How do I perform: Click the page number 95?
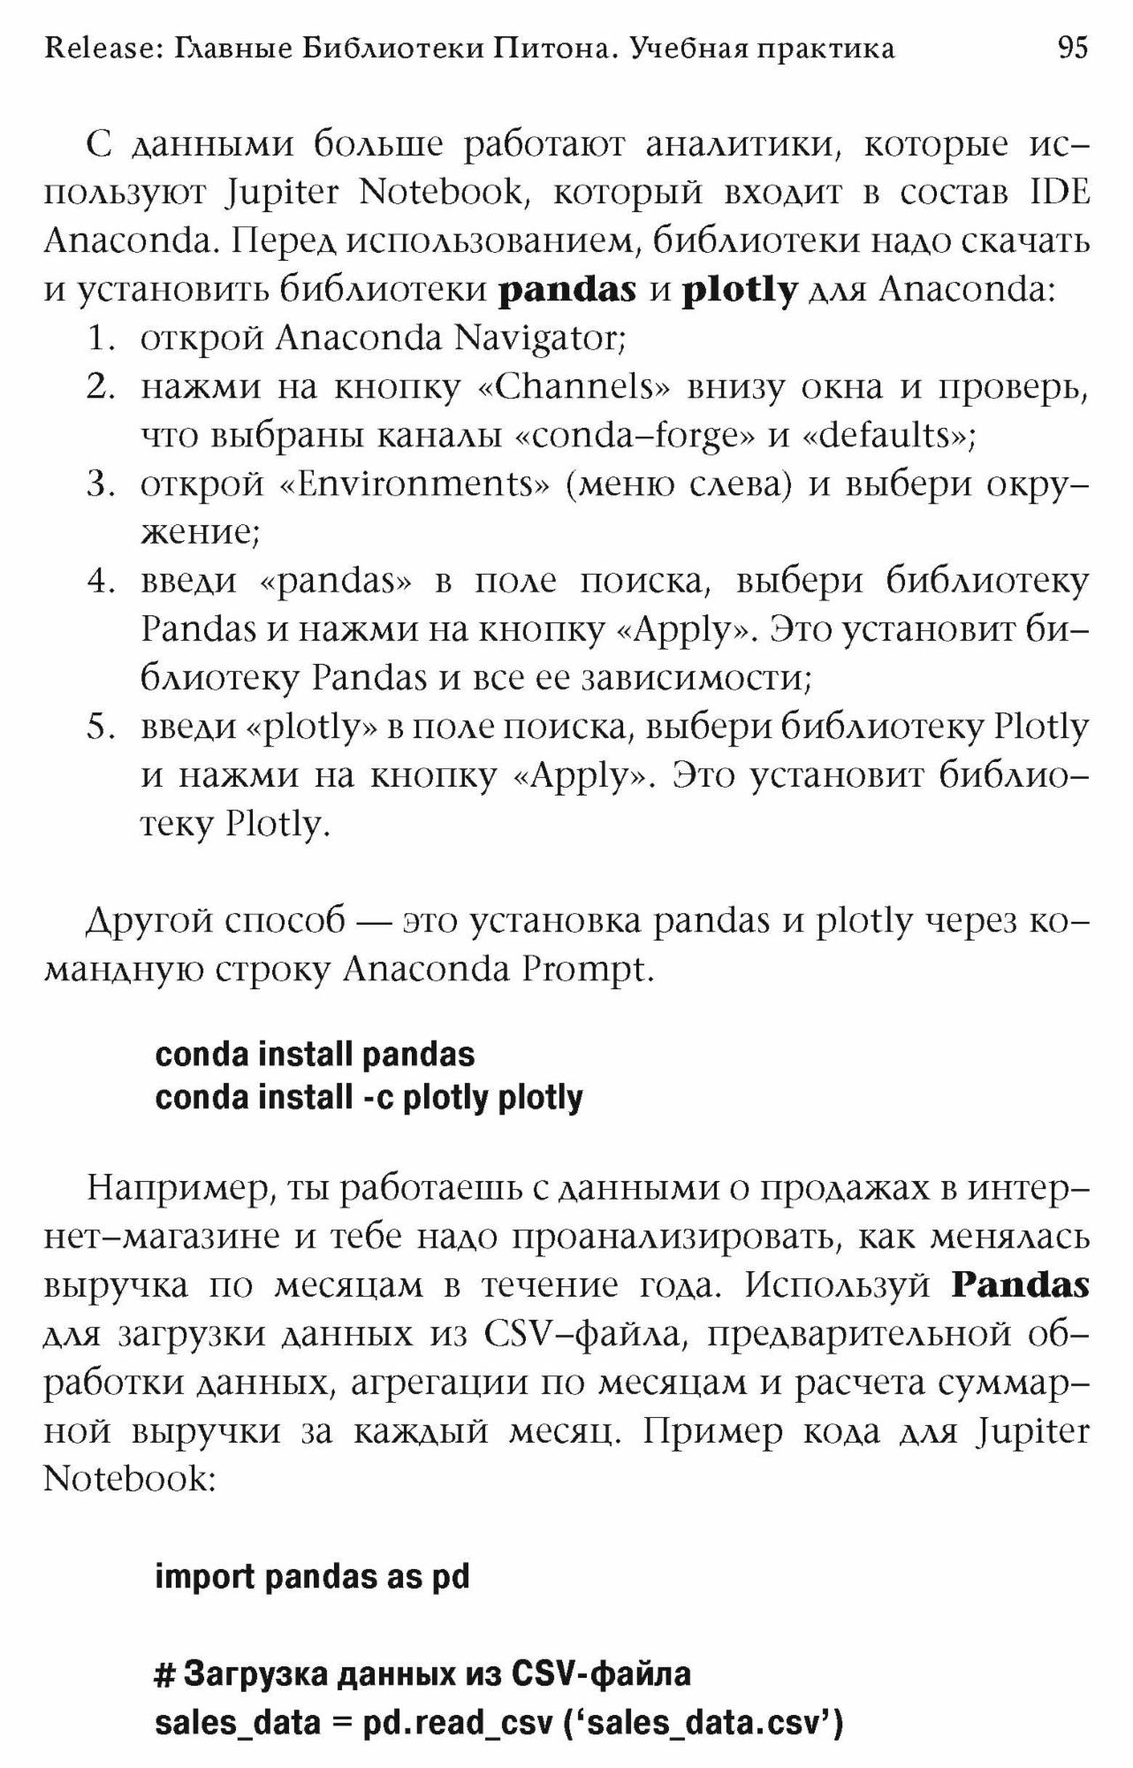(x=1072, y=47)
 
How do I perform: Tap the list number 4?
(x=101, y=582)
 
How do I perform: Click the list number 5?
(x=101, y=728)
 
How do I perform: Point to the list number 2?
(x=101, y=387)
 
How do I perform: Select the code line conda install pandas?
(x=315, y=1055)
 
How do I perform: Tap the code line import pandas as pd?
(x=312, y=1577)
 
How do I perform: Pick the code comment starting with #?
(x=422, y=1674)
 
